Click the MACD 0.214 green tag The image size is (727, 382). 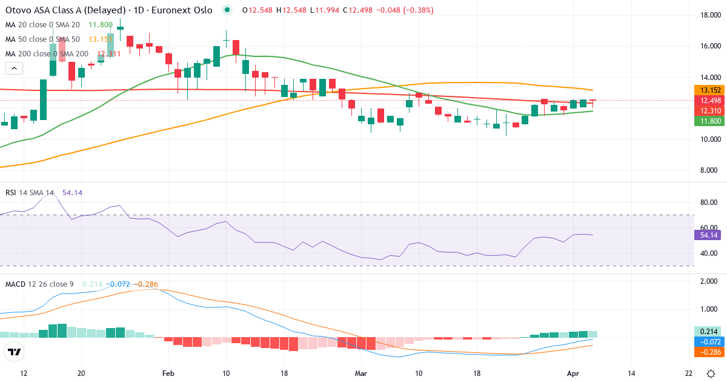pos(706,332)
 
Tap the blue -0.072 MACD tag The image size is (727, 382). pos(706,341)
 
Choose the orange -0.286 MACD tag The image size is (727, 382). pos(706,352)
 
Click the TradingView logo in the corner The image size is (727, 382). pos(15,352)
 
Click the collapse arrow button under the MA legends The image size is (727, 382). pos(14,69)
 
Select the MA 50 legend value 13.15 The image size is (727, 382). pos(99,39)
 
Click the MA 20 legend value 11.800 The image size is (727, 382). pos(101,25)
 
